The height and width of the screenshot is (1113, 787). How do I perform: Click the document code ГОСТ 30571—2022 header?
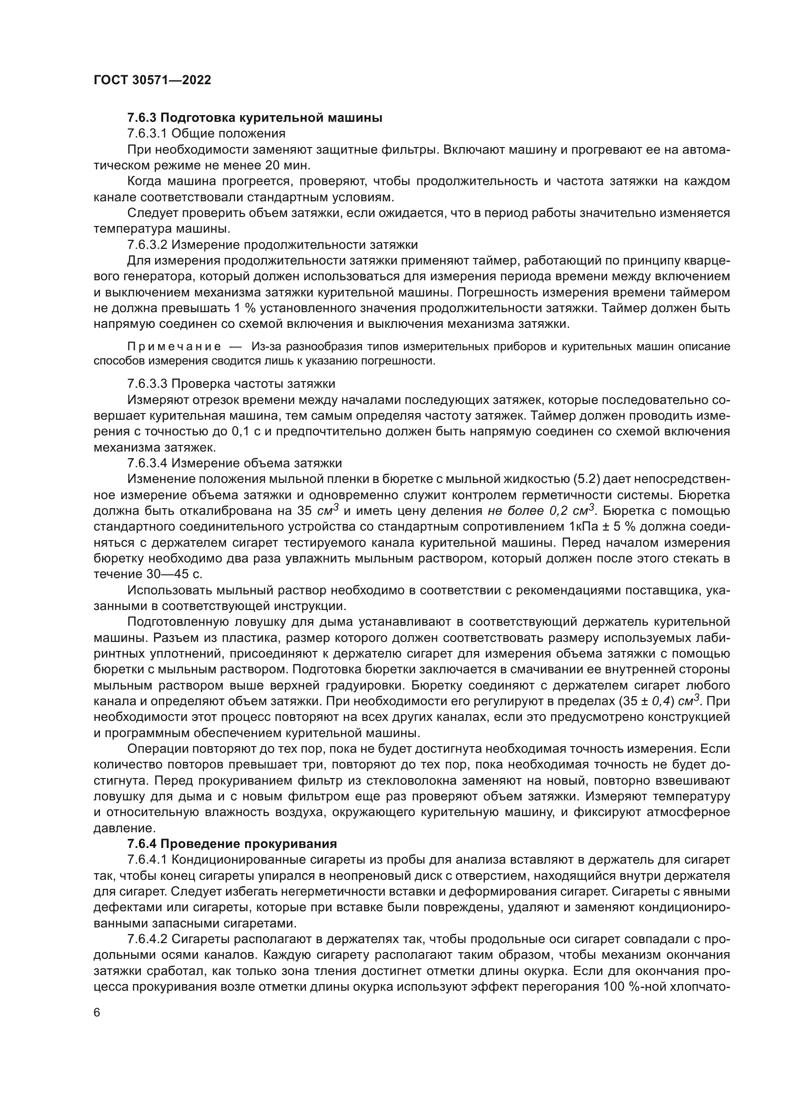152,80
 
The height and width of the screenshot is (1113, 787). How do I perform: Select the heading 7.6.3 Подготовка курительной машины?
255,118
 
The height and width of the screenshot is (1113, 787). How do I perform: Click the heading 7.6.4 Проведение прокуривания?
232,844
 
